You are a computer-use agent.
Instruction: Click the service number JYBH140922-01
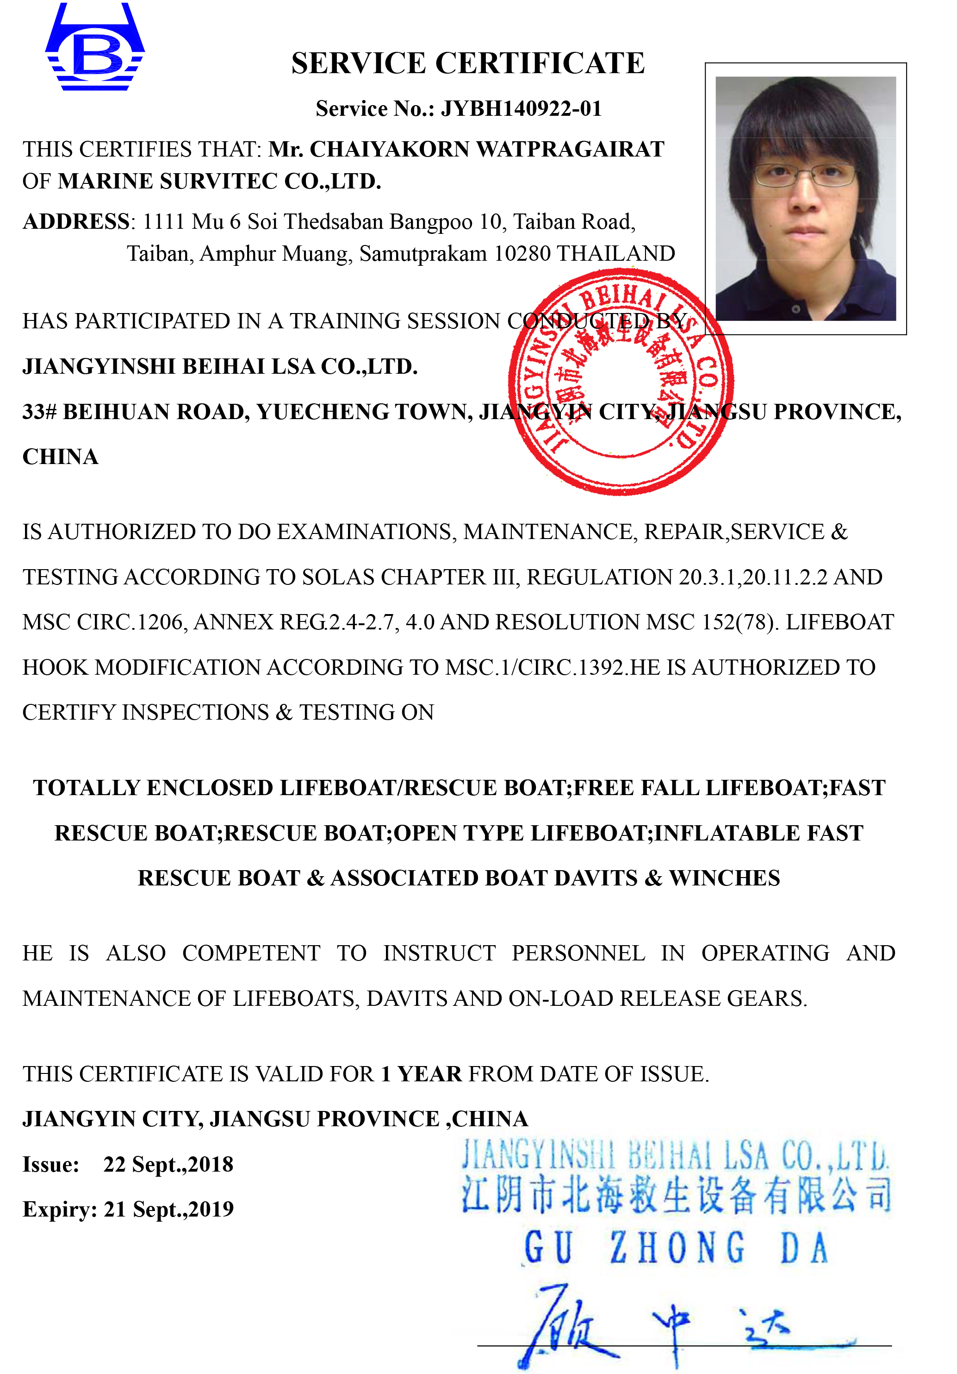click(x=520, y=108)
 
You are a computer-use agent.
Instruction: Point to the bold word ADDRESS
click(x=75, y=221)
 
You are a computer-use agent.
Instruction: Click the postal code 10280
click(x=522, y=254)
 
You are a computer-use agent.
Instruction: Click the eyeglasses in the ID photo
click(x=804, y=175)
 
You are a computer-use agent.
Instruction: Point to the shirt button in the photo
click(x=795, y=309)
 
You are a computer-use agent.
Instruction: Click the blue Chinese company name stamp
click(x=676, y=1196)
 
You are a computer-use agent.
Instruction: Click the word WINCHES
click(x=724, y=878)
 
